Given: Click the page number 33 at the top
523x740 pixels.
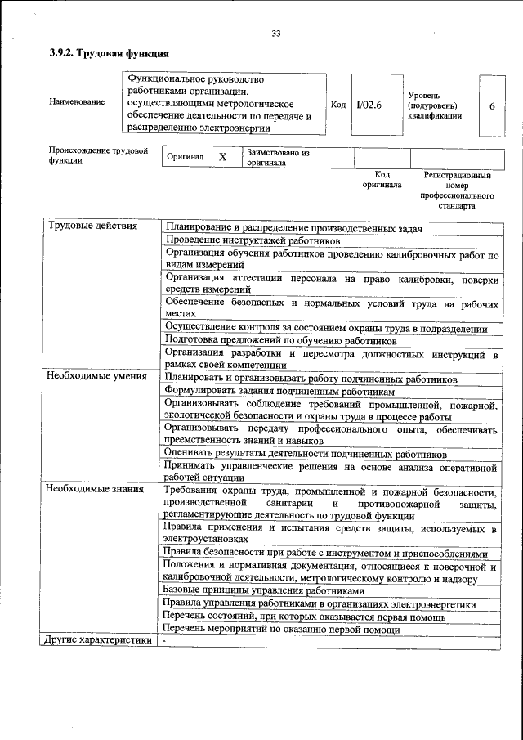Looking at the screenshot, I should (x=276, y=34).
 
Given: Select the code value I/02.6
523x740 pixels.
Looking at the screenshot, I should (x=369, y=105).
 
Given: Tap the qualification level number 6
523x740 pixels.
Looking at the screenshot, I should (x=491, y=106).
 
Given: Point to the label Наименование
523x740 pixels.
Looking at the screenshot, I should (x=77, y=103).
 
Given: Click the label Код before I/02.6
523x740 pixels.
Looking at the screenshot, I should (x=338, y=105).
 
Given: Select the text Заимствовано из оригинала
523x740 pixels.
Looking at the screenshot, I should (x=278, y=157).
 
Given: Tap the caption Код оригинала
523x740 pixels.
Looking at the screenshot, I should (x=382, y=180).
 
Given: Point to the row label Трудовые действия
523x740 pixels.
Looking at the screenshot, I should (x=93, y=226).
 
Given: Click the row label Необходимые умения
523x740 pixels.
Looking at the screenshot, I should (x=96, y=378).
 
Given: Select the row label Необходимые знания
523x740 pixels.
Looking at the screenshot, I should (x=95, y=490).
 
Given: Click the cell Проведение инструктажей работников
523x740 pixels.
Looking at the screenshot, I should (x=253, y=240).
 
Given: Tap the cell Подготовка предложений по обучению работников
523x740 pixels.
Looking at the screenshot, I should (x=281, y=339).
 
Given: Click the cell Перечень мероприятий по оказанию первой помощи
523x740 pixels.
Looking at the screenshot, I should (x=282, y=629).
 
